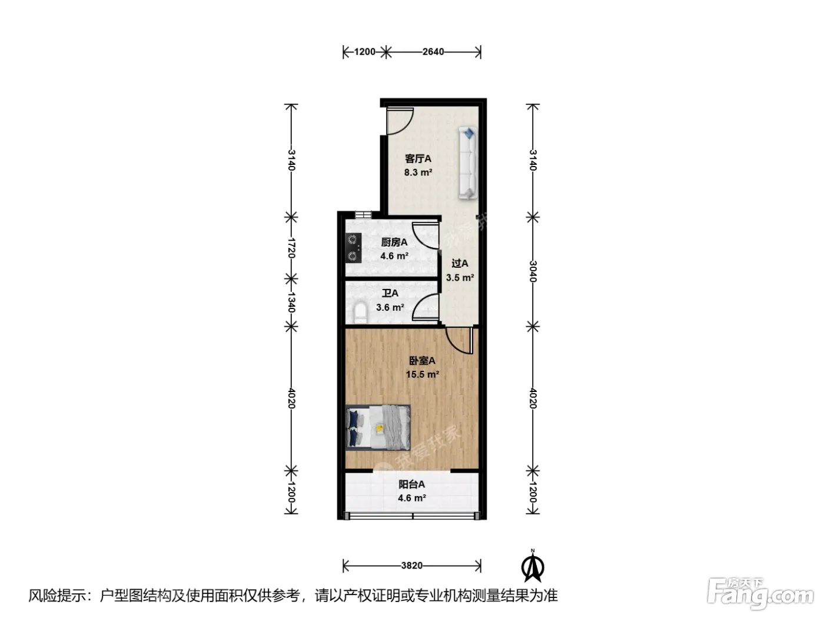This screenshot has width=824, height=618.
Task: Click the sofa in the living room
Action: [x=468, y=163]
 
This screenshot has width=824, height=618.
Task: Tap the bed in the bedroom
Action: [x=378, y=427]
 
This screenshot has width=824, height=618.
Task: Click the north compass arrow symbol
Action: [x=533, y=567]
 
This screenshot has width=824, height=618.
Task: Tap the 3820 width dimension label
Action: [x=411, y=566]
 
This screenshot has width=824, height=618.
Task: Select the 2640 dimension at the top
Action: [x=433, y=52]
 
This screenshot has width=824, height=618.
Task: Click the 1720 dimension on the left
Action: [x=292, y=248]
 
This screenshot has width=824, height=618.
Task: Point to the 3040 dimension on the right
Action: [x=533, y=271]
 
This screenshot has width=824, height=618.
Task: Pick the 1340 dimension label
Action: [x=292, y=303]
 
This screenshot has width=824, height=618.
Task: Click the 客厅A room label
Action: [x=418, y=159]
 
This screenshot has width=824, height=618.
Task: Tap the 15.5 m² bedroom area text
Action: [x=423, y=374]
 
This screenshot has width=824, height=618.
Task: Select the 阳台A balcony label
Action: [x=411, y=484]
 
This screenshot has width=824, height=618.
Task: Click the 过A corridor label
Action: [x=460, y=264]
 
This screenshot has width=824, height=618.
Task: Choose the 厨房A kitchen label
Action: [x=394, y=242]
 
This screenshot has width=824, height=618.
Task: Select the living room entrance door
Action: [x=400, y=121]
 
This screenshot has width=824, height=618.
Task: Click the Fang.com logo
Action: [x=760, y=594]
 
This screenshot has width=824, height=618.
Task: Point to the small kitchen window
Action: [x=363, y=215]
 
